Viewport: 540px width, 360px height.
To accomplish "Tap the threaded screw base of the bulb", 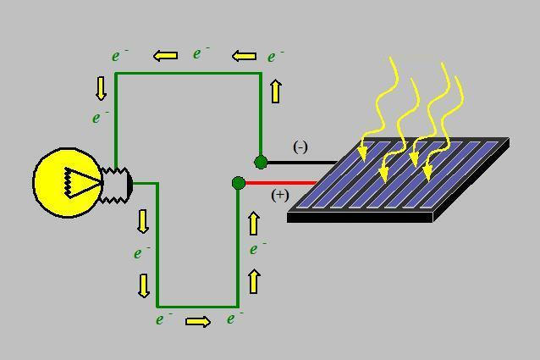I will tap(117, 183).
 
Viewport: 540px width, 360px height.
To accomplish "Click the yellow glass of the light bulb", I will tap(55, 182).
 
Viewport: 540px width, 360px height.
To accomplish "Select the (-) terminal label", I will tap(300, 147).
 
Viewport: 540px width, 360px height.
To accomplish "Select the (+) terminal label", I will tap(280, 195).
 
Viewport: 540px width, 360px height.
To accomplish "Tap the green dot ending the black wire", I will tap(261, 162).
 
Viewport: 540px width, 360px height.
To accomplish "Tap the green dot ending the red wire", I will tap(238, 183).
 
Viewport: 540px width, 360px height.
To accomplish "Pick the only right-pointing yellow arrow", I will tap(197, 321).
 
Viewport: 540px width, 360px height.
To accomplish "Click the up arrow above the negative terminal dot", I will tap(276, 91).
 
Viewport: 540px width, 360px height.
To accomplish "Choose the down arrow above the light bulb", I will tap(102, 88).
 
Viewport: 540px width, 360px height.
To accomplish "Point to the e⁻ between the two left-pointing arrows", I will tap(201, 53).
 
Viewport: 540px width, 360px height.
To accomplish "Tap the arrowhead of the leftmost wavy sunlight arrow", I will tap(363, 153).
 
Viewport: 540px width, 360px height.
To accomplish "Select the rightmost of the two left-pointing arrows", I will tap(244, 57).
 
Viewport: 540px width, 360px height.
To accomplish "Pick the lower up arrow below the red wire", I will tap(253, 281).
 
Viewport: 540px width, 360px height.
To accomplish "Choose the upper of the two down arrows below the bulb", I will tap(143, 221).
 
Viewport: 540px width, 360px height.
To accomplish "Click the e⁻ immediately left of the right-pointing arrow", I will tap(163, 319).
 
